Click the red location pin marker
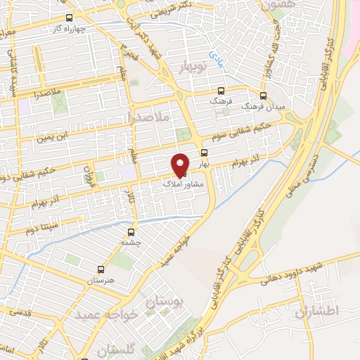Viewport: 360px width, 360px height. [181, 164]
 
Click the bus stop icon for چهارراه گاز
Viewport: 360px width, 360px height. [68, 18]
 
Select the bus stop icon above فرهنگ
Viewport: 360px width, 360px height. [221, 91]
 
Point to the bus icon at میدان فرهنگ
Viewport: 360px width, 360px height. [264, 96]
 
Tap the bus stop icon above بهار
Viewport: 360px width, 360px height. [205, 152]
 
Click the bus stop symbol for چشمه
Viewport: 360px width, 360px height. [131, 232]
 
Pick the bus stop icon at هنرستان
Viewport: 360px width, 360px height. [101, 269]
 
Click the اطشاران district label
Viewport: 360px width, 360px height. [318, 311]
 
